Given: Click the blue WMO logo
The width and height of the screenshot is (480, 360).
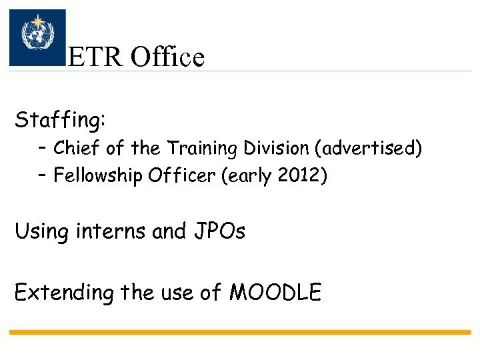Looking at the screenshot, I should (x=37, y=37).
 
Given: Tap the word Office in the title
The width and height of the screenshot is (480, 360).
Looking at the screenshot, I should (x=167, y=57).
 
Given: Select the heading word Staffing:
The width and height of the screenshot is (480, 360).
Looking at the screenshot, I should (x=60, y=121).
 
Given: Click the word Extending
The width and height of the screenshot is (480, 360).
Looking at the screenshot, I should (x=64, y=292).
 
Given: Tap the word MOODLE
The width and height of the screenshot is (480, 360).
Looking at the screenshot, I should (x=275, y=292).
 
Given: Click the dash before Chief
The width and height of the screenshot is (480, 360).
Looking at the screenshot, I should (x=43, y=148).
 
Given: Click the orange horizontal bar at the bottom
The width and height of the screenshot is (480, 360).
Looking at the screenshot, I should (x=240, y=332).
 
